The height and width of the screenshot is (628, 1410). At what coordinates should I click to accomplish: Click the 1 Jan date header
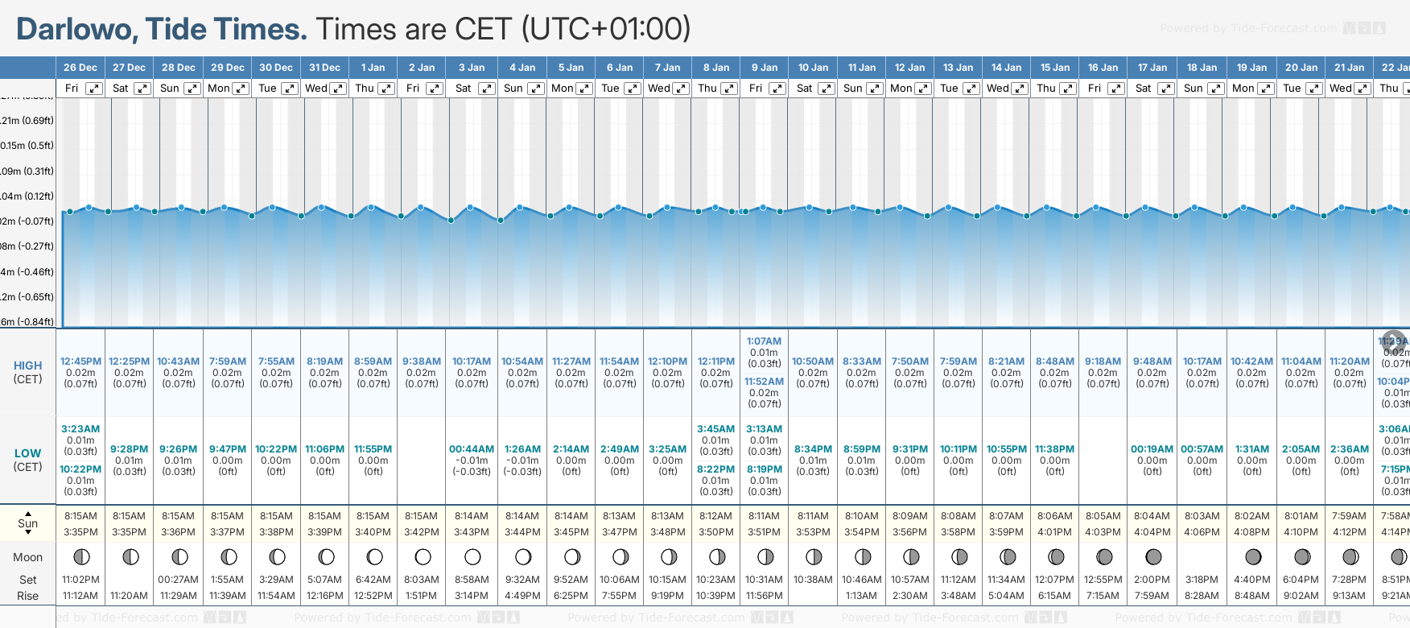[x=373, y=68]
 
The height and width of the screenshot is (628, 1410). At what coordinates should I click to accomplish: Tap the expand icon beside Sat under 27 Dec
[x=142, y=89]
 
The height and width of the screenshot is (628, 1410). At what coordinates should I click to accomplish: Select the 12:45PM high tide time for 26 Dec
[x=80, y=362]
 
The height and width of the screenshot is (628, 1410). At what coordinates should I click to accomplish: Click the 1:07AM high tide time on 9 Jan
[x=764, y=341]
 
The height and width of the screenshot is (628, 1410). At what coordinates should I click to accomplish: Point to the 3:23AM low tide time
[x=80, y=429]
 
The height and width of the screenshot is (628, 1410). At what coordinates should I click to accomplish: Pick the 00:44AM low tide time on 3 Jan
[x=472, y=449]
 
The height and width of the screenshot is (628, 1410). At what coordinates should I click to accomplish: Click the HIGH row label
[x=27, y=366]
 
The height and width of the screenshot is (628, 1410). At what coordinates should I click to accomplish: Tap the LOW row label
[x=27, y=453]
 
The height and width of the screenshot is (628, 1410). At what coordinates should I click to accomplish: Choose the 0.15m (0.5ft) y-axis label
[x=27, y=146]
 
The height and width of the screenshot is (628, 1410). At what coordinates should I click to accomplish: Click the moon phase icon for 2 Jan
[x=423, y=556]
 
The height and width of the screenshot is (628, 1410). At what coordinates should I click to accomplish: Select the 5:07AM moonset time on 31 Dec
[x=324, y=580]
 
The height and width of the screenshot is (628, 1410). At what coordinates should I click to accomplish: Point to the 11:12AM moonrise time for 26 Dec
[x=80, y=596]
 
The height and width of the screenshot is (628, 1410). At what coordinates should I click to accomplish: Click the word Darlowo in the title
[x=74, y=29]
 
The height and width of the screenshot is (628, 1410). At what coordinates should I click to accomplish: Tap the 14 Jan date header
[x=1007, y=68]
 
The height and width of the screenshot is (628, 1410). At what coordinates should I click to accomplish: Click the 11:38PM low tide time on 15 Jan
[x=1054, y=449]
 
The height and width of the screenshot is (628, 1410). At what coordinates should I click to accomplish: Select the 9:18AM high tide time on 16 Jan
[x=1103, y=362]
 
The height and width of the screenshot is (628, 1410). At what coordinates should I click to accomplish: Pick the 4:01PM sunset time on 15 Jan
[x=1054, y=532]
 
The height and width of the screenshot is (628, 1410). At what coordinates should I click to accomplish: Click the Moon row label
[x=27, y=557]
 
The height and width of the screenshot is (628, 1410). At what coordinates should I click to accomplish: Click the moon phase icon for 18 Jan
[x=1202, y=556]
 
